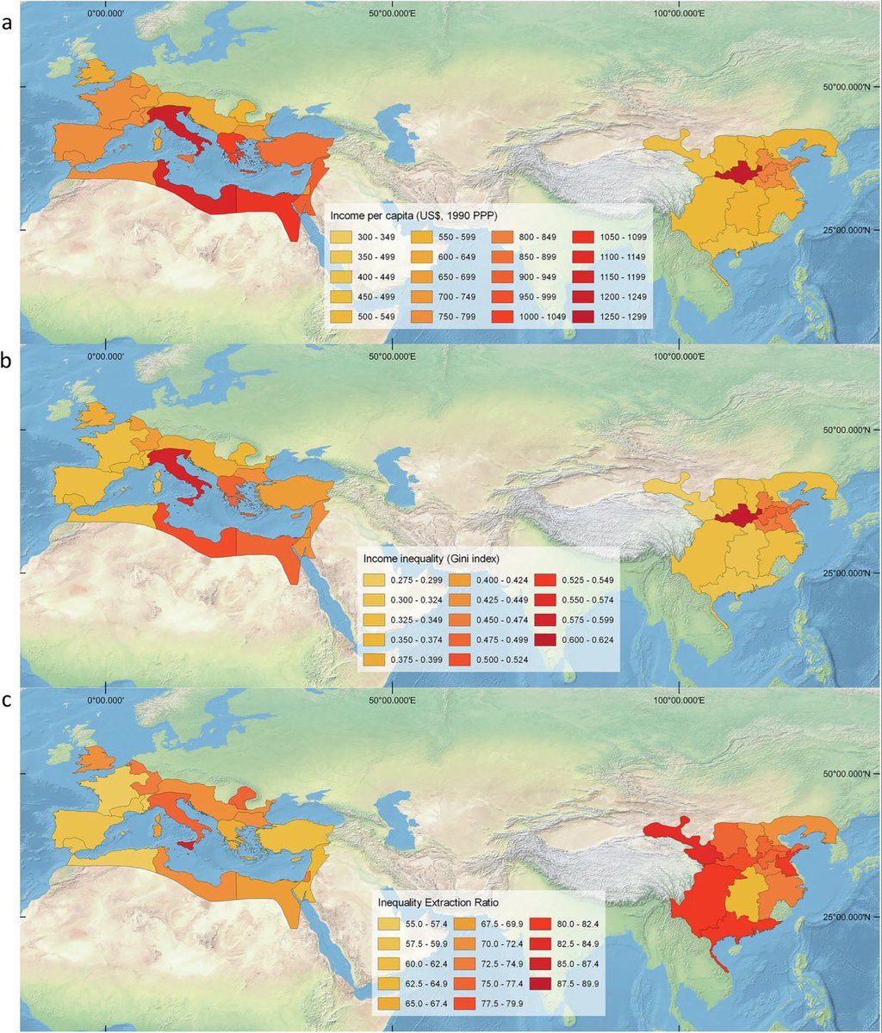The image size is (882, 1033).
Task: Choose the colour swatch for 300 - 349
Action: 340,236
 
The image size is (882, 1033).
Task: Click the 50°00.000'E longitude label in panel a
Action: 392,13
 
